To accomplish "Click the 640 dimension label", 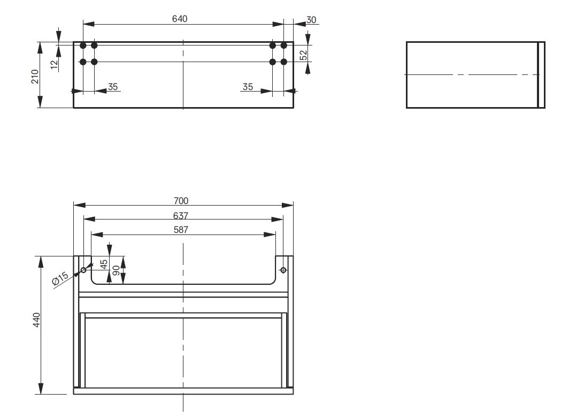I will [x=180, y=19].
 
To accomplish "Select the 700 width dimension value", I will [x=181, y=201].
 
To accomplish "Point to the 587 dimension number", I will [x=181, y=230].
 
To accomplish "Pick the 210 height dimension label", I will [x=35, y=76].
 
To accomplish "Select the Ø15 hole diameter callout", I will [x=60, y=279].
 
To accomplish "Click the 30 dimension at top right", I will [x=311, y=20].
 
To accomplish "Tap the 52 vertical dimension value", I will [x=304, y=55].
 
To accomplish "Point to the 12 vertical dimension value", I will [x=54, y=64].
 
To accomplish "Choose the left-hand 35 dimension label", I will [x=113, y=86].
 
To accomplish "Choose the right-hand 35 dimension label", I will [x=248, y=86].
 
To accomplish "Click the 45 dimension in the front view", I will [x=105, y=264].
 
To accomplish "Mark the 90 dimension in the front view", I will [x=116, y=270].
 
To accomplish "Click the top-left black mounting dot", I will [x=83, y=46].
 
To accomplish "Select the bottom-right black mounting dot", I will [x=284, y=62].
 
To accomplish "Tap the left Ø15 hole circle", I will [x=83, y=270].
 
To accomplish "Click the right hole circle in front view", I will [x=283, y=270].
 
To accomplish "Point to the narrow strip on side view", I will [x=541, y=75].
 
